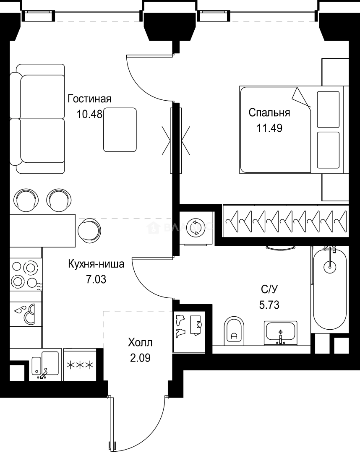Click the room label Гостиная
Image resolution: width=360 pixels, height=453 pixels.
click(x=89, y=99)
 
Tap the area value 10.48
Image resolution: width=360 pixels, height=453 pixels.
click(x=89, y=114)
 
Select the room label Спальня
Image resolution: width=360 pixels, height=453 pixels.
click(x=269, y=112)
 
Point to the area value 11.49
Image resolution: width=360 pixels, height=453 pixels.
click(x=269, y=128)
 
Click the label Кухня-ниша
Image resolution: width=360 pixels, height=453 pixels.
click(x=96, y=264)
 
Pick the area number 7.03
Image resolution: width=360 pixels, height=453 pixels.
click(x=96, y=279)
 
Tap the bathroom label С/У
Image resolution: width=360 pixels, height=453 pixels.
click(x=269, y=289)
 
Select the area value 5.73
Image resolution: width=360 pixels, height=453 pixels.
click(x=269, y=304)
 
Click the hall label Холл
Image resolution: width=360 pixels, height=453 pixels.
click(x=140, y=343)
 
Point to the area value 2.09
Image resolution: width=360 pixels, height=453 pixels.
click(x=140, y=358)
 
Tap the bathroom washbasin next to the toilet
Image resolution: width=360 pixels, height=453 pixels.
click(x=281, y=333)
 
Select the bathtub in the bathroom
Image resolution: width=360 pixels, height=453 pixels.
click(x=330, y=289)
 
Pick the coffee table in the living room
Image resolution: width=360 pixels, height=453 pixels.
click(x=120, y=130)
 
